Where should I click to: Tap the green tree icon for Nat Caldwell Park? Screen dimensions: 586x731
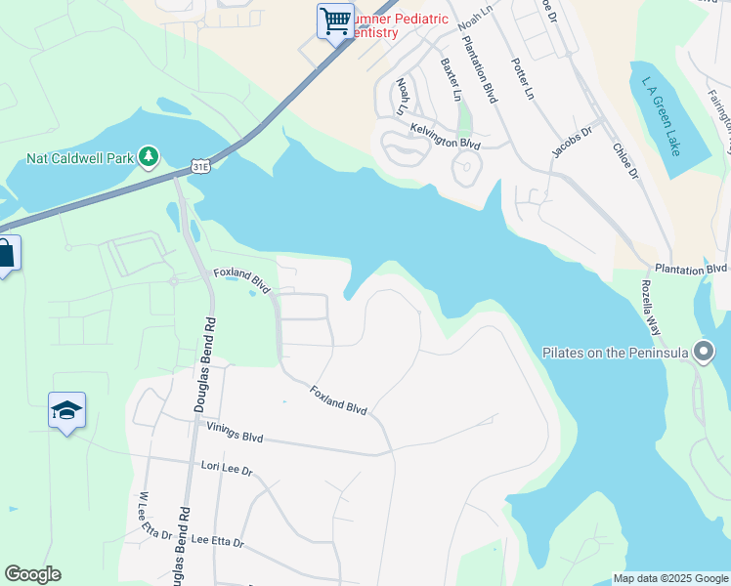pyautogui.click(x=149, y=156)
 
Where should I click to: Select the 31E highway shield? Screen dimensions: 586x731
pyautogui.click(x=200, y=167)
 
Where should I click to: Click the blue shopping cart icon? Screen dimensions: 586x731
pyautogui.click(x=335, y=20)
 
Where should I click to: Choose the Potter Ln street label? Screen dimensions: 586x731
pyautogui.click(x=523, y=79)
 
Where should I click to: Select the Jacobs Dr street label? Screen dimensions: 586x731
pyautogui.click(x=573, y=143)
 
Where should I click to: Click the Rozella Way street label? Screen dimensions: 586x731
pyautogui.click(x=652, y=306)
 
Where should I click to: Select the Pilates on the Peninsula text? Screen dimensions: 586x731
pyautogui.click(x=616, y=353)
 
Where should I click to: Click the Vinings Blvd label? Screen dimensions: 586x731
pyautogui.click(x=235, y=433)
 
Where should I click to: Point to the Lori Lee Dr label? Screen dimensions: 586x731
pyautogui.click(x=226, y=470)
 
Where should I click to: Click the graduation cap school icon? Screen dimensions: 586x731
pyautogui.click(x=67, y=411)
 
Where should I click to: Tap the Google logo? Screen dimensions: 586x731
pyautogui.click(x=32, y=574)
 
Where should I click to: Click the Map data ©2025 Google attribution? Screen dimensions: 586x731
pyautogui.click(x=670, y=578)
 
